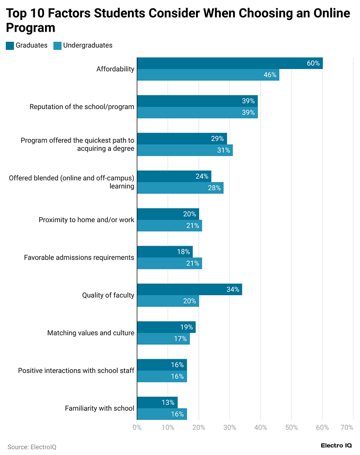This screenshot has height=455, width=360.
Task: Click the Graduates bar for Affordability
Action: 229,63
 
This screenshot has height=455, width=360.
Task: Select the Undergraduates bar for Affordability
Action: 208,75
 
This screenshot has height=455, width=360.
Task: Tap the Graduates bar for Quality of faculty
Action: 189,289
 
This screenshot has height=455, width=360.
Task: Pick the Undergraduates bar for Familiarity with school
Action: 161,414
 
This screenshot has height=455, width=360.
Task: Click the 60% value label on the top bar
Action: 313,63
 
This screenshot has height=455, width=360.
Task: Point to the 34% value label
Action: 233,289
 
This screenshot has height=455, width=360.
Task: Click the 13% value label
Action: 168,402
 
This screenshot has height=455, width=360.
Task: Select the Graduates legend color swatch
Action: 10,45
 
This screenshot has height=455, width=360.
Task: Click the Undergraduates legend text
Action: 88,45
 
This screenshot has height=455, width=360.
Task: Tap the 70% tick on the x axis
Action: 347,428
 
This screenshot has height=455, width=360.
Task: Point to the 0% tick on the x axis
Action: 137,428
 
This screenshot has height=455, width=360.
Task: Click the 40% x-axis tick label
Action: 261,428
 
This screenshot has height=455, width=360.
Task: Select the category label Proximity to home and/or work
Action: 86,220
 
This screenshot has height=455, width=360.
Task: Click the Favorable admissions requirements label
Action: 79,257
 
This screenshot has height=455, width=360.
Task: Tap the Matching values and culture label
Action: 90,333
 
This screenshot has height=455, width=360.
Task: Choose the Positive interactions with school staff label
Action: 76,370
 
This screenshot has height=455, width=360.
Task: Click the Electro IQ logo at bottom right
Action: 336,446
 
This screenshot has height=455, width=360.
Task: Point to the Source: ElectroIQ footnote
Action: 32,447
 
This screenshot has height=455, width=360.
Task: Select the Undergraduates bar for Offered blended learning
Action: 180,188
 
